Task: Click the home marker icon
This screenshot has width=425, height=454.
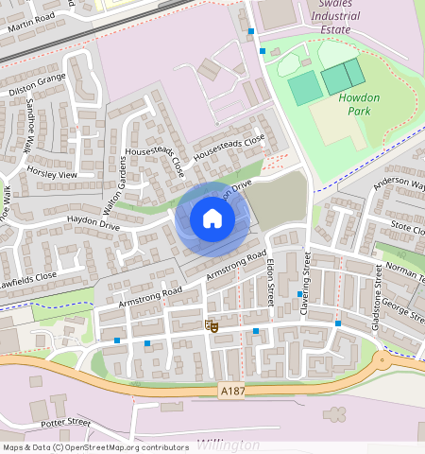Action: coord(212,219)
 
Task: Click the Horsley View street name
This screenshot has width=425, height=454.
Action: coord(52,175)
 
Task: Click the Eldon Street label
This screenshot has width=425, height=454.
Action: coord(270,281)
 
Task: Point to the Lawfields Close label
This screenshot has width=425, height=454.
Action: coord(28,277)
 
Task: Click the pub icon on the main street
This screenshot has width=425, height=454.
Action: coord(212,326)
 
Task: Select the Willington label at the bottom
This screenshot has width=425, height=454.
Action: coord(229,444)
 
